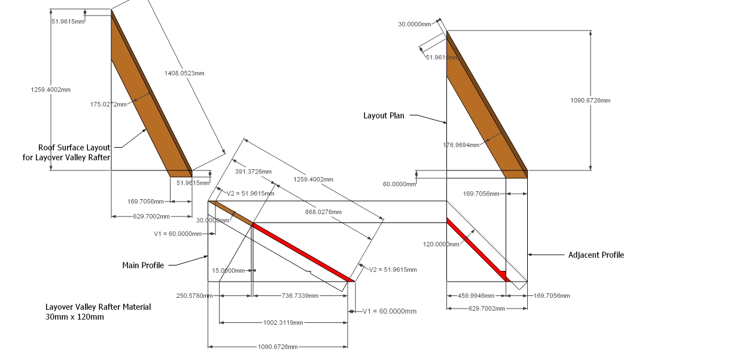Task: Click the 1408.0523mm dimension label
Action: (x=184, y=73)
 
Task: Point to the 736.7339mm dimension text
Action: (x=299, y=295)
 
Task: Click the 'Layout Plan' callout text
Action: (x=384, y=115)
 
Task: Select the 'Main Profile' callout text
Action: (x=143, y=265)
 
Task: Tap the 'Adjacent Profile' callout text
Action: (x=596, y=255)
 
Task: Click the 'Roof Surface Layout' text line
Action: (x=74, y=147)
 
